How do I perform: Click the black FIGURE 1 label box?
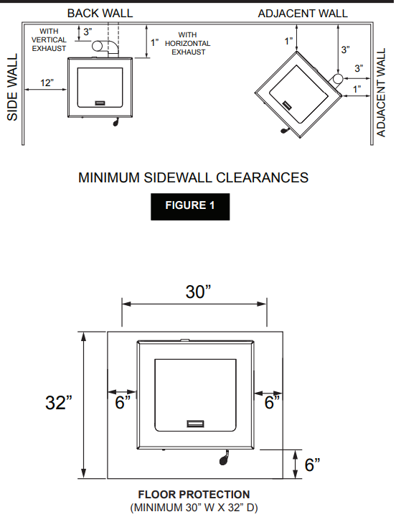coord(190,206)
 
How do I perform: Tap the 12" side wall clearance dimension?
coord(47,83)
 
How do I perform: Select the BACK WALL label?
coord(100,14)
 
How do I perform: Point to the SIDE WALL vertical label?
coord(12,87)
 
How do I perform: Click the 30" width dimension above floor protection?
coord(198,292)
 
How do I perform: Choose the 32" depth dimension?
coord(59,402)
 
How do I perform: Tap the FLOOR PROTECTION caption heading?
coord(194,495)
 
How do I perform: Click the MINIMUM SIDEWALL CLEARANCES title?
coord(193,177)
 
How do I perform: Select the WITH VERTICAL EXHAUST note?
coord(49,39)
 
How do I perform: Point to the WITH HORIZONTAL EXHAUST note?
coord(187,43)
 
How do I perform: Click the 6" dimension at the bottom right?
coord(312,465)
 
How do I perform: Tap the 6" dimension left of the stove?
coord(123,402)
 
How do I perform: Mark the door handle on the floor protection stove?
coord(196,424)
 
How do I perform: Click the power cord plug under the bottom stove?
coord(224,458)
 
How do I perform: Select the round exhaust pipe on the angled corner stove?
coord(337,79)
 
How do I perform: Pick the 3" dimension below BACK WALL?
coord(88,32)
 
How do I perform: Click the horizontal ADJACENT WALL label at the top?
coord(303,14)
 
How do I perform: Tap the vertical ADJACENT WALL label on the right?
coord(381,93)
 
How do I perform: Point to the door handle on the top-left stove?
coord(100,103)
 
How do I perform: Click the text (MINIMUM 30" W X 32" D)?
coord(194,508)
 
